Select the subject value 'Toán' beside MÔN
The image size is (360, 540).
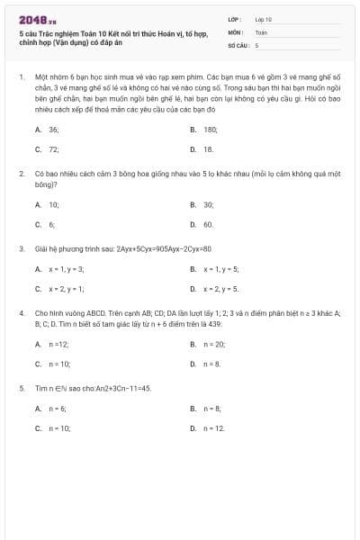[x=261, y=31]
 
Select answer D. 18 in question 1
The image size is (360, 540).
[x=208, y=149]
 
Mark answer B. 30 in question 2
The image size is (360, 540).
[x=208, y=204]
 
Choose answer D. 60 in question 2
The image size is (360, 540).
[x=208, y=224]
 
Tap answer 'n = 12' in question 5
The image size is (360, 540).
[x=213, y=428]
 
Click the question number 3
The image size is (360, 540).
[x=21, y=247]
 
